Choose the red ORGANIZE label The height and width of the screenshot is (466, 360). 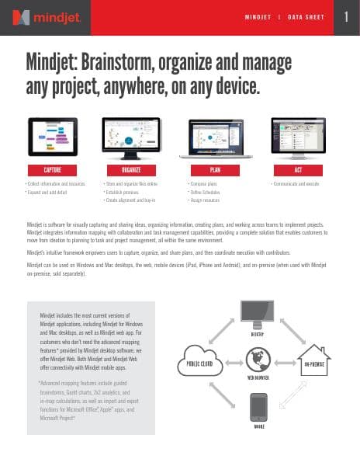point(130,169)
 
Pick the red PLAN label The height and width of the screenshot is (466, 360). point(216,169)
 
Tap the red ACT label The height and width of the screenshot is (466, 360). point(299,169)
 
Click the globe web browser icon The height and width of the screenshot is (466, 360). point(256,360)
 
